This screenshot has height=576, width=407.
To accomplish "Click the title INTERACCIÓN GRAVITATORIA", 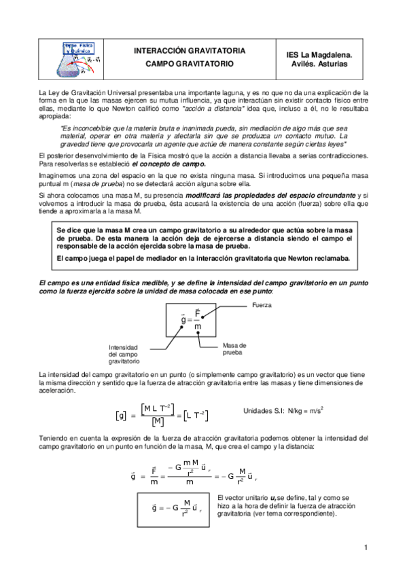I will [x=189, y=51].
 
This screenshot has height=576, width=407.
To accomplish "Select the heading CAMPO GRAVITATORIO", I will [x=189, y=63].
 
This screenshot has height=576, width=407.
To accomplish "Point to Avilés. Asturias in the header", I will [x=321, y=64].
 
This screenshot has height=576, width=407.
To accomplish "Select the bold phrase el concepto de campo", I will [x=168, y=164].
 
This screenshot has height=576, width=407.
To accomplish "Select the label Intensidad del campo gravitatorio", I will [x=124, y=355].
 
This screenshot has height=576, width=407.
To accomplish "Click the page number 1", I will [x=366, y=547].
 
